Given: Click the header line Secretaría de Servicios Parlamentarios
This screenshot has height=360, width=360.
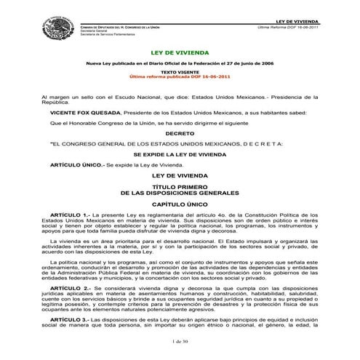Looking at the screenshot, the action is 111,34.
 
